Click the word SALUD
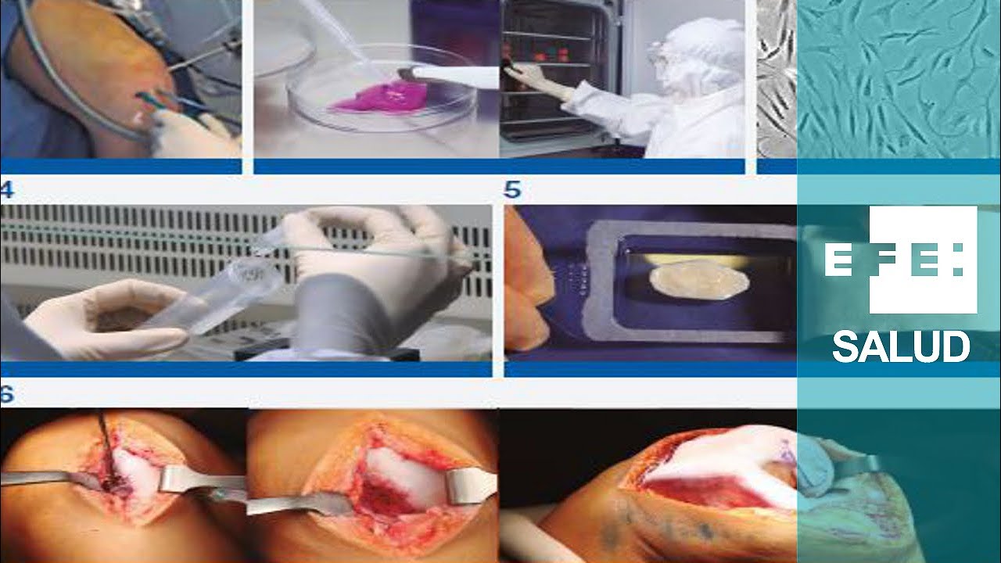(900, 346)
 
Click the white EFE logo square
(923, 260)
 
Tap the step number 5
(512, 189)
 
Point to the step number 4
(7, 189)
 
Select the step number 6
(7, 394)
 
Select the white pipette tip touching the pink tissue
(451, 74)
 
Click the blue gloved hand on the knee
(818, 464)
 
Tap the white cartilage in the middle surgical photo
(402, 469)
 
